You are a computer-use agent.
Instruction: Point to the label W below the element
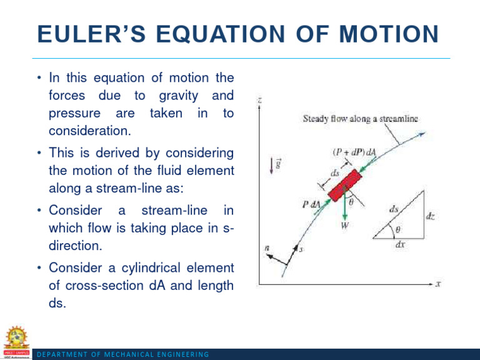pos(344,227)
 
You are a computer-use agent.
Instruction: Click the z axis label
pos(259,99)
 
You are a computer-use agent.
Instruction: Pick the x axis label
pos(438,284)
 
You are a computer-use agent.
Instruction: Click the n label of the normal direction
pos(267,248)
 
